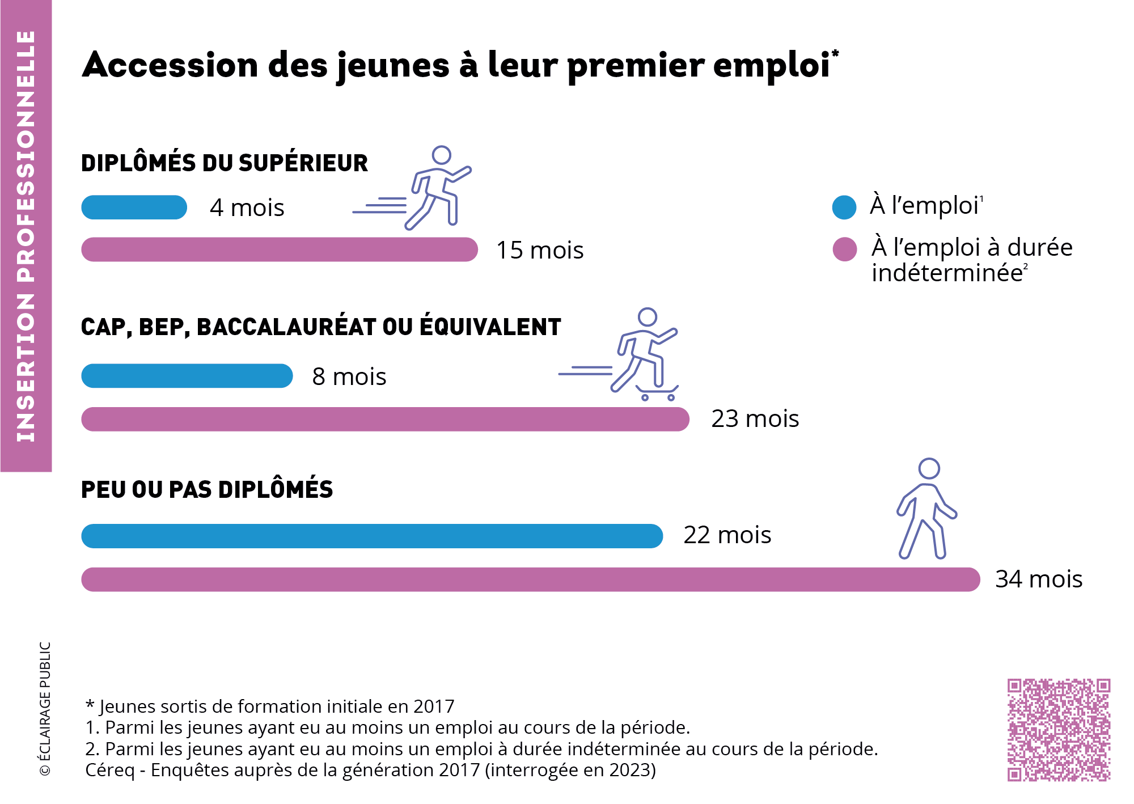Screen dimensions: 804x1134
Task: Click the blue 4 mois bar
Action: tap(134, 208)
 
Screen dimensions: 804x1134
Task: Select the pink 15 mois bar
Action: tap(280, 249)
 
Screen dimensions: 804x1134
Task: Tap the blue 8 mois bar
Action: tap(187, 376)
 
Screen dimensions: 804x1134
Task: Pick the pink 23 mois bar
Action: tap(386, 419)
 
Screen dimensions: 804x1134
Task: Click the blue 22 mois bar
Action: tap(372, 536)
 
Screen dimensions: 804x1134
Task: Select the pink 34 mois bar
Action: tap(531, 579)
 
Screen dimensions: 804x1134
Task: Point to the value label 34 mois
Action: tap(1039, 579)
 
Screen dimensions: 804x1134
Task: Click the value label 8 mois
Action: tap(349, 376)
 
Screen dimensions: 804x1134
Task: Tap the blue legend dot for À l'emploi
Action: tap(844, 208)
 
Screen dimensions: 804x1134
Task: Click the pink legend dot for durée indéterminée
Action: tap(844, 249)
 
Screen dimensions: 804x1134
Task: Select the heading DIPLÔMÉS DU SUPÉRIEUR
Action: tap(225, 163)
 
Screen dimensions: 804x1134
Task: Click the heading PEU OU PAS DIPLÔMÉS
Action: tap(207, 490)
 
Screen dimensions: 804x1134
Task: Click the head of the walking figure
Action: tap(929, 469)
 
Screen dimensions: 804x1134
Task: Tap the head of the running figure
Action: tap(441, 155)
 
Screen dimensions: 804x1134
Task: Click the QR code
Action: tap(1059, 730)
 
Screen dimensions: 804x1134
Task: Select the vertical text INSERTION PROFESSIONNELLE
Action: tap(26, 236)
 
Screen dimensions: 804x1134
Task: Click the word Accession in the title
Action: tap(170, 65)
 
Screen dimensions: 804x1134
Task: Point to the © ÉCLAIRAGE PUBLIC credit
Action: tap(45, 709)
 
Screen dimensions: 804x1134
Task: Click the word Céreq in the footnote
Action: tap(110, 771)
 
